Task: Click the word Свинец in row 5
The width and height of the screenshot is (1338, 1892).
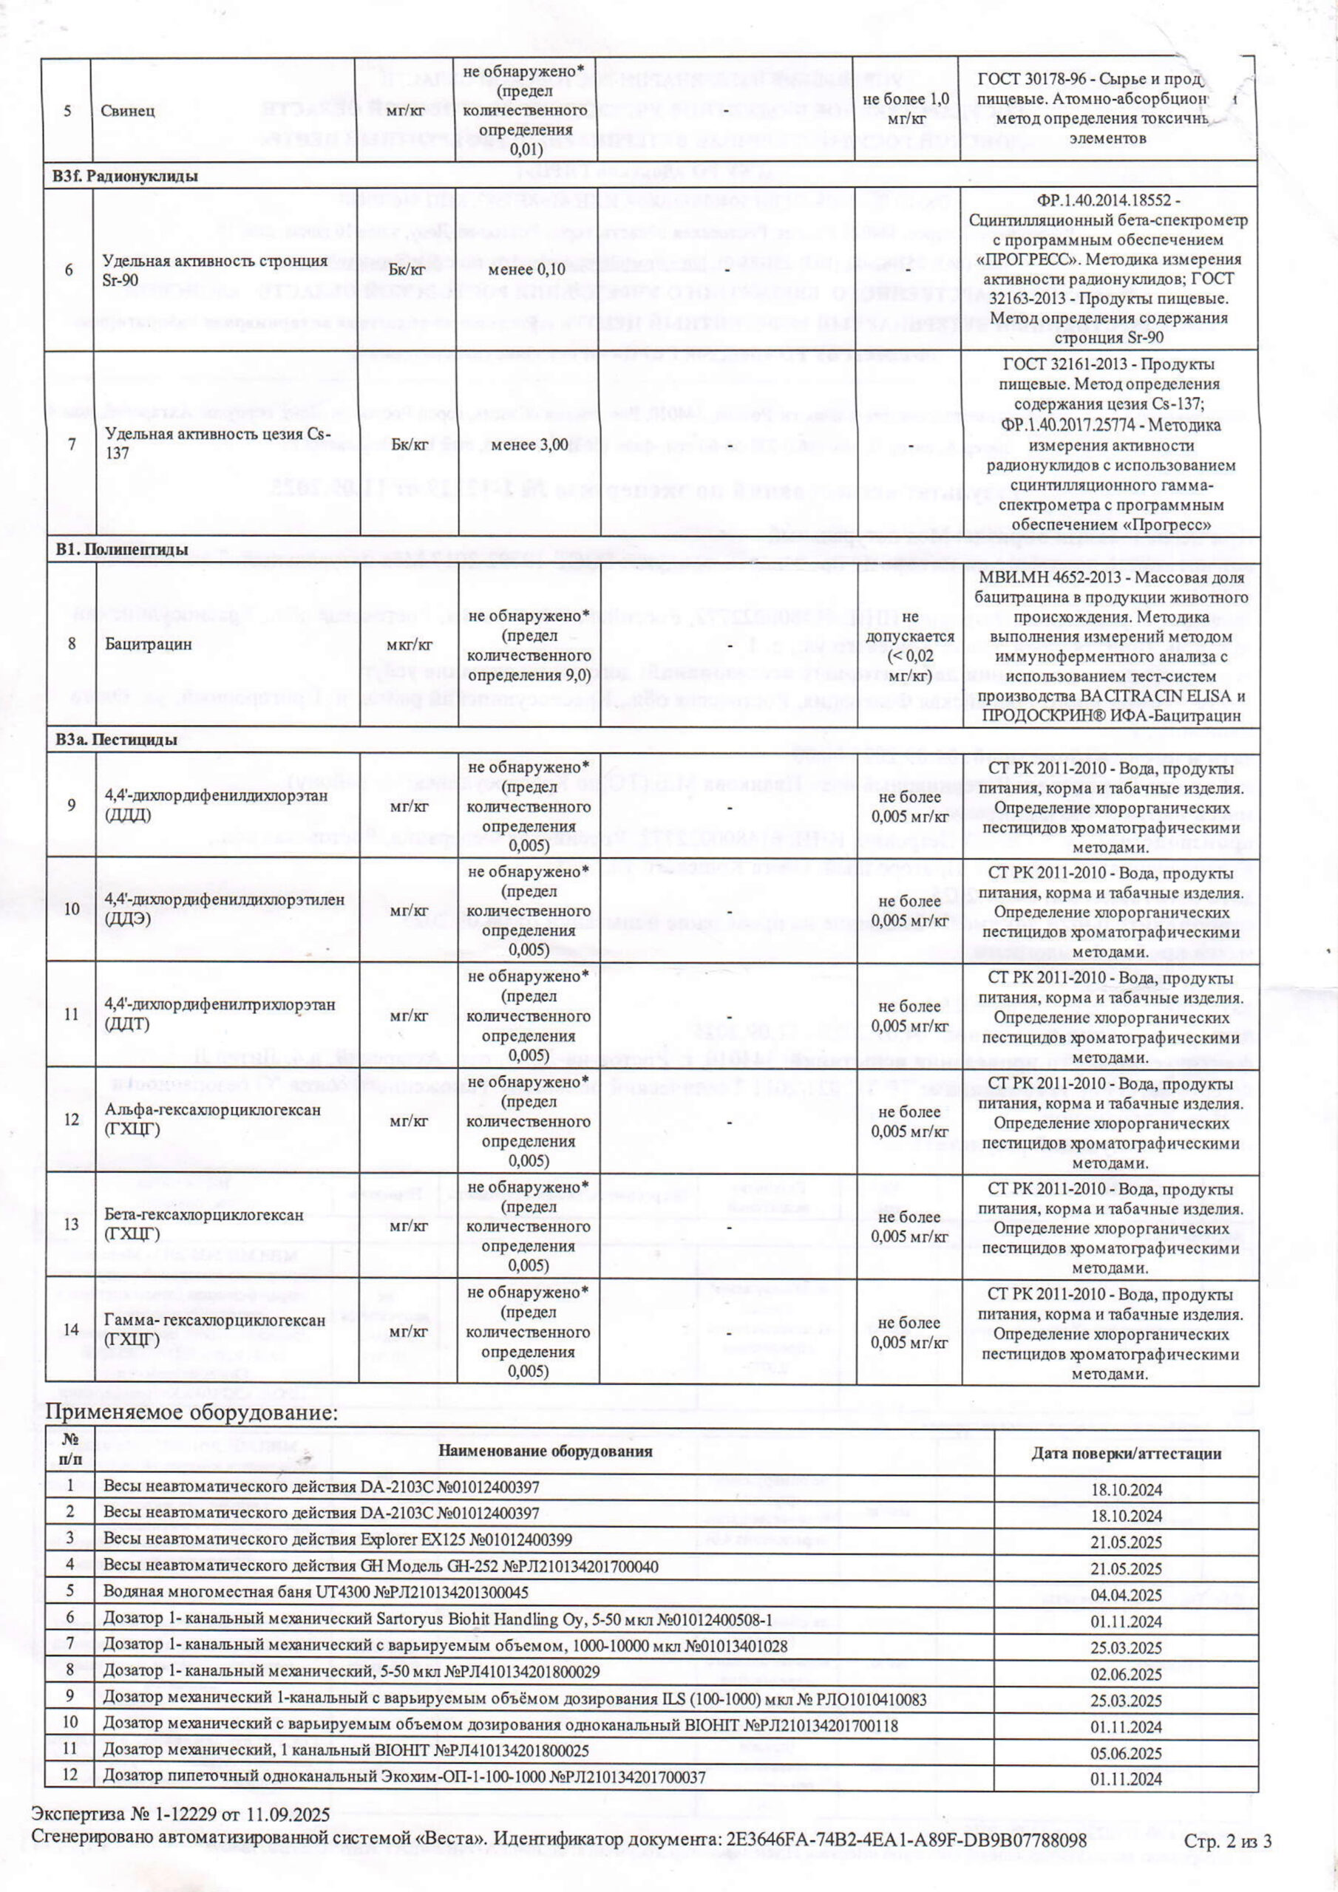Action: [x=129, y=110]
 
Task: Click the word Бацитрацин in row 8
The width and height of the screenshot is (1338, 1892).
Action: [x=137, y=644]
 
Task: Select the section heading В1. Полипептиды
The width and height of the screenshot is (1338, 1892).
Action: [x=120, y=550]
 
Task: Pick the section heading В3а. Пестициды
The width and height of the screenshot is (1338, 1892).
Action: [x=115, y=739]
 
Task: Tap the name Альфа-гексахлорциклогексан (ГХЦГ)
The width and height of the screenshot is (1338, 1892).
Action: [x=213, y=1118]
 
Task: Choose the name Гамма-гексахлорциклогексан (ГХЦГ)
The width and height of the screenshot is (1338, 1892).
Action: [x=214, y=1330]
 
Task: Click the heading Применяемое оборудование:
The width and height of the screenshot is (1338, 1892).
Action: [x=191, y=1413]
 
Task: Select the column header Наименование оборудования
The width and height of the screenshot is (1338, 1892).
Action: [x=545, y=1451]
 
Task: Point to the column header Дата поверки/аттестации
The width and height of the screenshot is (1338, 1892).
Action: [x=1125, y=1453]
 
